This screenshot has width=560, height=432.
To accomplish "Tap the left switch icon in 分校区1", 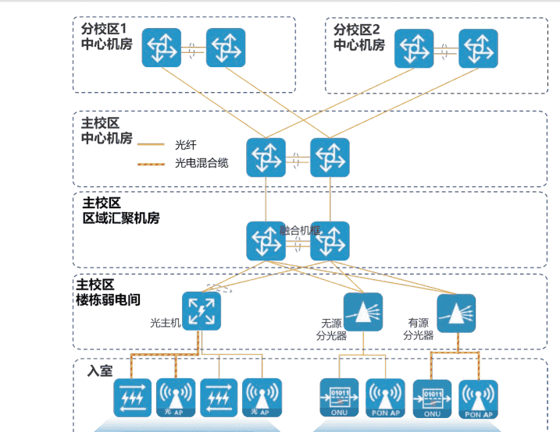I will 161,48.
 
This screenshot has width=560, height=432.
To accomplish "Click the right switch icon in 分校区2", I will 478,48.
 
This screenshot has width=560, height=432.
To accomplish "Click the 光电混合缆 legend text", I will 202,163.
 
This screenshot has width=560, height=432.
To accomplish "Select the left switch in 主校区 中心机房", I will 266,157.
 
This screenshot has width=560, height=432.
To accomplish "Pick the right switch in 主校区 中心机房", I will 330,157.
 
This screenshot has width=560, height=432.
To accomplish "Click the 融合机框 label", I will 301,230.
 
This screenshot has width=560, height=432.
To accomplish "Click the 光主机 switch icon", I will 202,311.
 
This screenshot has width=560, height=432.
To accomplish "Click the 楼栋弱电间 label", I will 108,299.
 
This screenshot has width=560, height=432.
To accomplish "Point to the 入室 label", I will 99,370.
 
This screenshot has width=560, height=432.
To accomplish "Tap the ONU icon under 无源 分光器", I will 340,398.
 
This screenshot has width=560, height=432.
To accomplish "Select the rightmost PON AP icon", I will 478,399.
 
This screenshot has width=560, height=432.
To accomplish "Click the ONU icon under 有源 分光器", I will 433,398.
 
